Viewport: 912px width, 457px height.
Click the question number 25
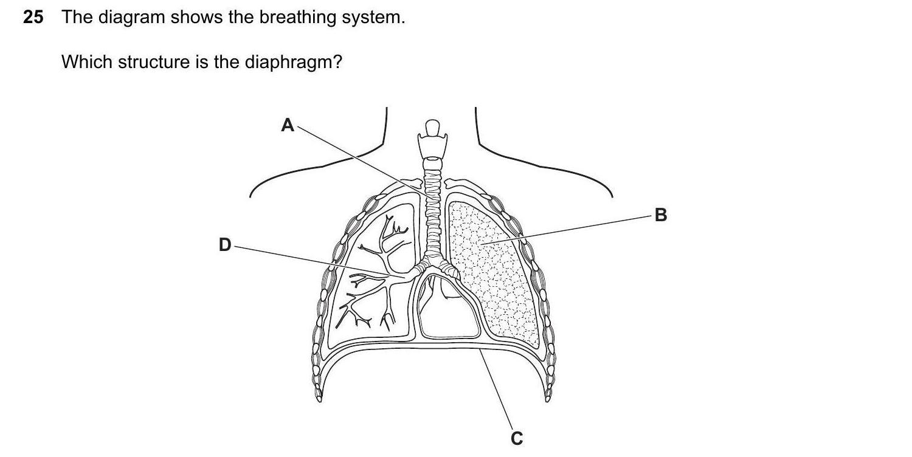(x=33, y=18)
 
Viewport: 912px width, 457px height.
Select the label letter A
(x=288, y=125)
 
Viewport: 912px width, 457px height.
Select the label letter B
(x=661, y=215)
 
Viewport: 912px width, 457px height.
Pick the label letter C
(x=517, y=438)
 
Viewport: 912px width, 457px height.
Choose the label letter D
(x=225, y=245)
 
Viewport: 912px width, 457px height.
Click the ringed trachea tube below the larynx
(x=432, y=207)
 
